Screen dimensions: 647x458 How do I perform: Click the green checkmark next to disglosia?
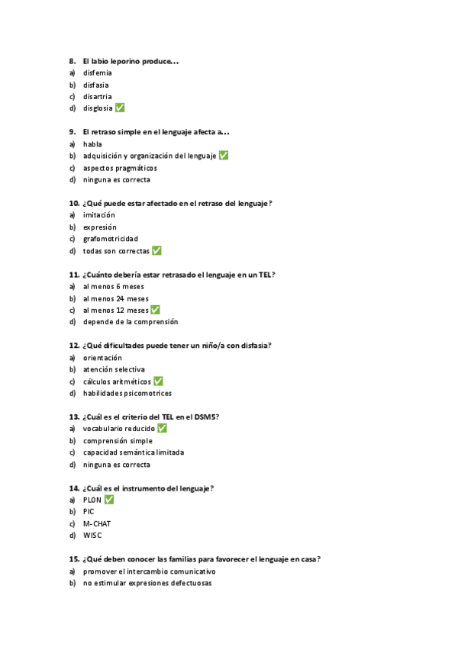[120, 108]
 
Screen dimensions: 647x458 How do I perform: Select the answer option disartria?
[97, 96]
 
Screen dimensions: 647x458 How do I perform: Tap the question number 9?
[72, 132]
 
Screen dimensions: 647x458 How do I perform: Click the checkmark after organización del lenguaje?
[224, 156]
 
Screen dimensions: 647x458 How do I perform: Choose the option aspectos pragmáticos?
[120, 168]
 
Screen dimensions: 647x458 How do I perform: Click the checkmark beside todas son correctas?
[156, 250]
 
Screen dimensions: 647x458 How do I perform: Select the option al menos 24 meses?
[116, 298]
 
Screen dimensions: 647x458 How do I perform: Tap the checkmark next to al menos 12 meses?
[155, 310]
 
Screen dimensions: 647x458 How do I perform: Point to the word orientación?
[103, 358]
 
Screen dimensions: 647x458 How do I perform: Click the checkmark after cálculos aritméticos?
[158, 381]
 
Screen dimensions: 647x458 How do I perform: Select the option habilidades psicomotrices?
[127, 394]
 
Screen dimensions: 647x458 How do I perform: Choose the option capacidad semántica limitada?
[133, 452]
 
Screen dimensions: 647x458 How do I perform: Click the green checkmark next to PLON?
[109, 499]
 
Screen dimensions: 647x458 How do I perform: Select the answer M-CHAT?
[97, 523]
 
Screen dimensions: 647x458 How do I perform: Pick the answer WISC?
[92, 536]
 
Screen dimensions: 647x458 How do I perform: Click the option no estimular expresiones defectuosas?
[147, 583]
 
